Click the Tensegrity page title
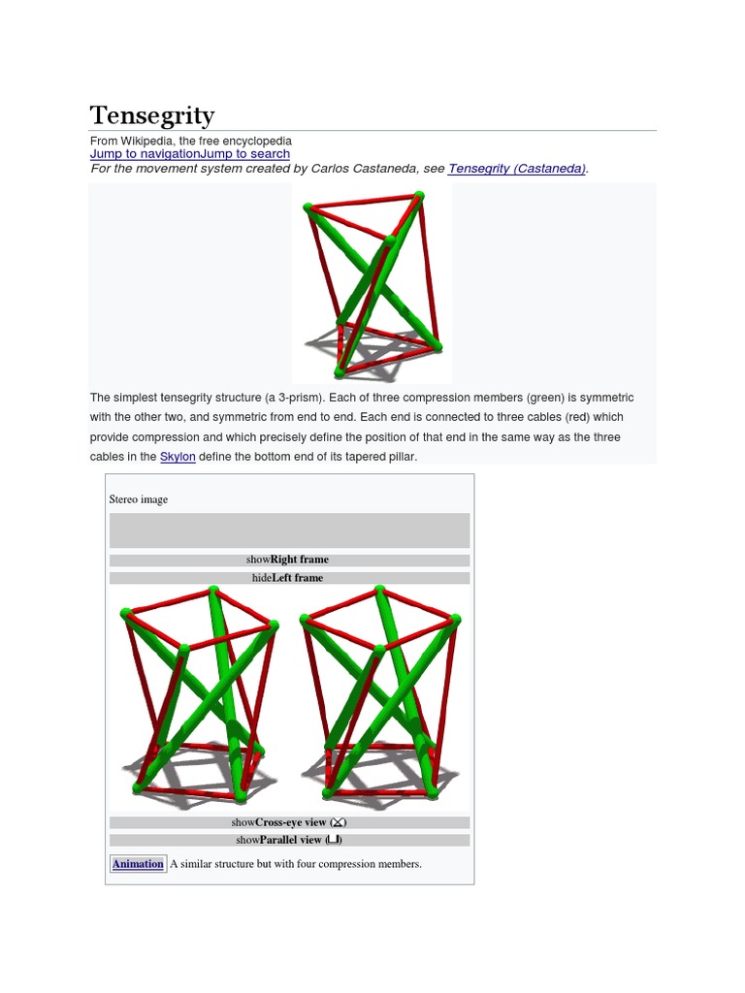tap(152, 116)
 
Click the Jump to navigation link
tap(145, 154)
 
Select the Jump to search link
tap(244, 154)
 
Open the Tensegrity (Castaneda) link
tap(516, 169)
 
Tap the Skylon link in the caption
tap(178, 457)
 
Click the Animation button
tap(138, 864)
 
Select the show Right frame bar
tap(289, 560)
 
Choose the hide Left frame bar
tap(289, 578)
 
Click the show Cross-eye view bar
tap(289, 822)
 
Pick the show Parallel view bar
tap(289, 841)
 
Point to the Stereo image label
tap(139, 499)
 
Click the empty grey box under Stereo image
tap(289, 530)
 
